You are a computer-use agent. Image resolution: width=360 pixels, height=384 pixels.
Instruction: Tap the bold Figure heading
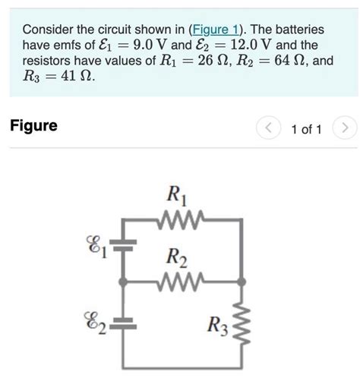(x=33, y=126)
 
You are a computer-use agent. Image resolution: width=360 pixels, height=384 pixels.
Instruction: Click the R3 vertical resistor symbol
(x=242, y=325)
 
